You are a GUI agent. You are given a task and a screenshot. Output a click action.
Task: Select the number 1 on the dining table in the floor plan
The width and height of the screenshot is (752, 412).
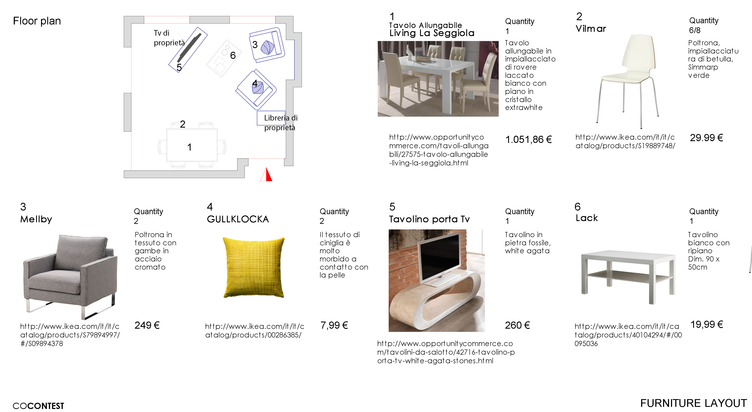tap(190, 147)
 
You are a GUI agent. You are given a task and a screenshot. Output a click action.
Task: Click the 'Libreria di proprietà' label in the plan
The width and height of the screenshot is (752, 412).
tap(281, 123)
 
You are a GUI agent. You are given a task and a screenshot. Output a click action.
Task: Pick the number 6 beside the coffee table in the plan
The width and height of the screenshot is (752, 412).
tap(233, 55)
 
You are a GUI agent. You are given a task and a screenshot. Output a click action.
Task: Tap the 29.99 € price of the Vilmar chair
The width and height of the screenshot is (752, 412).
tap(706, 138)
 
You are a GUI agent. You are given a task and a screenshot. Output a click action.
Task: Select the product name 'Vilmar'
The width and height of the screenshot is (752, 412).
tap(591, 29)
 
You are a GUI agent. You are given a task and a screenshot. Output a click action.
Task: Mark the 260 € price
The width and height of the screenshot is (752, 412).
tap(517, 325)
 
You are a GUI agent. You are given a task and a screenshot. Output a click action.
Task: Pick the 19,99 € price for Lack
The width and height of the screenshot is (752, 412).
tap(706, 324)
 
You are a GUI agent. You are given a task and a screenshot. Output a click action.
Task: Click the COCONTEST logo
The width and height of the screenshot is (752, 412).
tap(38, 406)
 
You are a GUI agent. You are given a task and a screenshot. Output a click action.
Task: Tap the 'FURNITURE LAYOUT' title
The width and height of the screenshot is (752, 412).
tap(693, 403)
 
